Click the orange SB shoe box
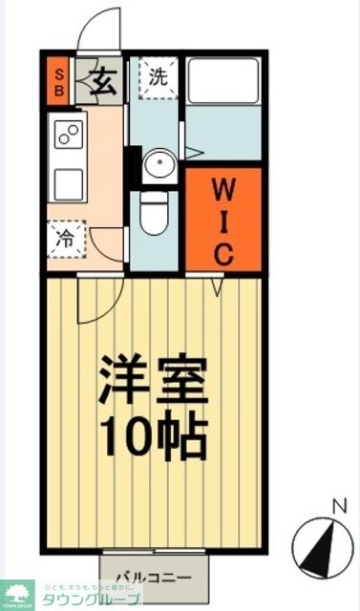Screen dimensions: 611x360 (58, 80)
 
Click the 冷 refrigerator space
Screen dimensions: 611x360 (66, 238)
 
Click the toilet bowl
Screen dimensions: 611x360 (153, 214)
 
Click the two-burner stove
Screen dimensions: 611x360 (68, 136)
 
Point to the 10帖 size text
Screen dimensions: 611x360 (153, 434)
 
